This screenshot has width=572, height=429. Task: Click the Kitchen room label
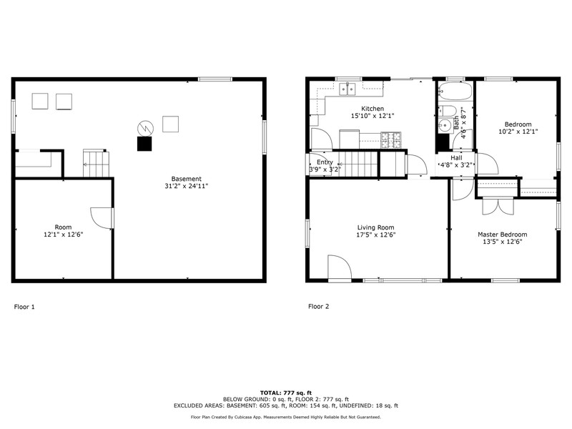tap(373, 109)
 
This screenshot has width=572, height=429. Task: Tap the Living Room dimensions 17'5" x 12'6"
tap(376, 235)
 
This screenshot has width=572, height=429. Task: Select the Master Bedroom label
tap(503, 235)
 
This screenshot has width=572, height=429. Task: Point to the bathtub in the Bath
tap(455, 91)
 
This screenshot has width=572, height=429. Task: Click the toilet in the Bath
tap(448, 111)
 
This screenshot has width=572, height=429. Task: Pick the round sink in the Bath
tap(445, 126)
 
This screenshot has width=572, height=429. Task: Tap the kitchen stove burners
tap(390, 140)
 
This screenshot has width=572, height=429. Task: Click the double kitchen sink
tap(347, 89)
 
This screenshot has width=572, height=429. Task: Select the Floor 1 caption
tap(24, 307)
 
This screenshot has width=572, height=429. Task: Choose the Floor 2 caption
tap(318, 307)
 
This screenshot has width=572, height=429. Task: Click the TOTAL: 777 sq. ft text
tap(285, 393)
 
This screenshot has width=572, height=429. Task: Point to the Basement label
tap(186, 179)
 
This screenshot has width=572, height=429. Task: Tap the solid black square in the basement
tap(144, 144)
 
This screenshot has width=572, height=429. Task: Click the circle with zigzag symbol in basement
tap(145, 129)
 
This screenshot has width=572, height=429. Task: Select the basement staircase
tap(96, 163)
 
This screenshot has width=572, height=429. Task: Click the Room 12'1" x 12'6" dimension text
tap(63, 235)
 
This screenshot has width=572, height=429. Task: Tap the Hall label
tap(456, 157)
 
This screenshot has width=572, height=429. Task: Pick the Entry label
tap(325, 162)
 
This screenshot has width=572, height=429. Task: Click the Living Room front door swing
tap(339, 268)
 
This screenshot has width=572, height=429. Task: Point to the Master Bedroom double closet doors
tap(498, 207)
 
